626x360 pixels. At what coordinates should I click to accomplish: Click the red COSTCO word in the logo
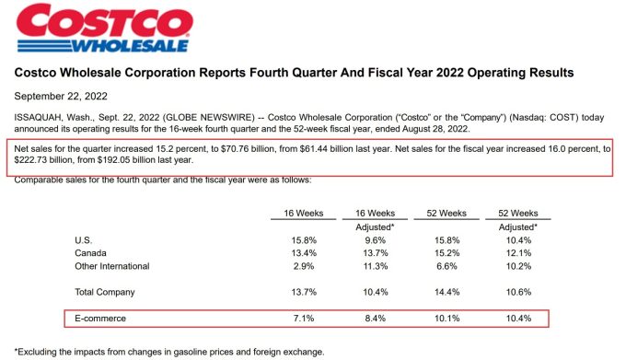click(101, 19)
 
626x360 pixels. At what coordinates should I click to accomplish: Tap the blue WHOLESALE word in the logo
click(130, 43)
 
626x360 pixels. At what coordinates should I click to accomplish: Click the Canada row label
click(88, 253)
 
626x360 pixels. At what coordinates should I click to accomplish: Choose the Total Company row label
click(104, 292)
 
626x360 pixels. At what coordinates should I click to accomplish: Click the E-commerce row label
click(99, 319)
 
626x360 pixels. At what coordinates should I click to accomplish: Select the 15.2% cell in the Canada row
click(451, 253)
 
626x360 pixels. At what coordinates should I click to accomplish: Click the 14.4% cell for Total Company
click(451, 292)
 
